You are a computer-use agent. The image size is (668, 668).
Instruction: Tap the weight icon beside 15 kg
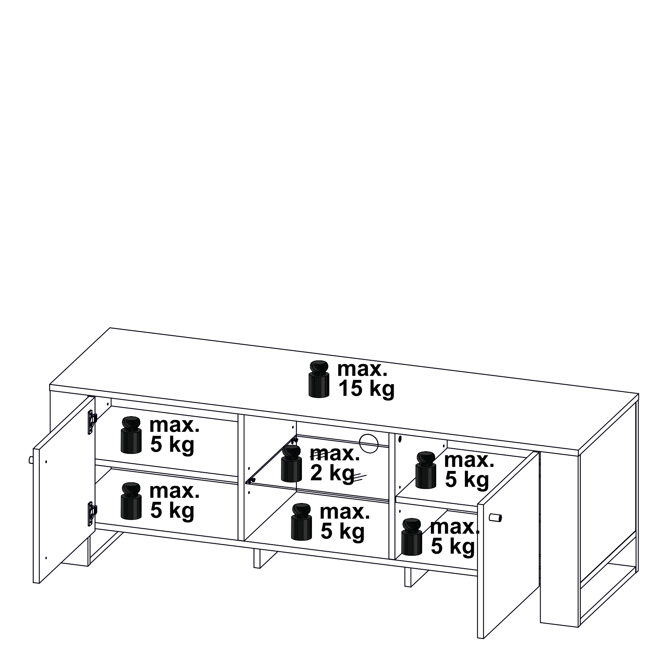[x=319, y=379]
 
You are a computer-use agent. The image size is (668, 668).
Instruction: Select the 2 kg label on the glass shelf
[x=332, y=474]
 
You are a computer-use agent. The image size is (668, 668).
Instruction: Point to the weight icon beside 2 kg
[x=292, y=464]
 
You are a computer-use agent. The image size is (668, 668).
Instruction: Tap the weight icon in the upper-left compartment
[x=131, y=435]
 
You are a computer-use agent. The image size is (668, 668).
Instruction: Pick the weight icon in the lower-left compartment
[x=131, y=501]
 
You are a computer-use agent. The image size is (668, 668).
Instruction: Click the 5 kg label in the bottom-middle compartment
[x=343, y=532]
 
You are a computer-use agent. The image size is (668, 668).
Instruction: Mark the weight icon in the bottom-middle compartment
[x=302, y=522]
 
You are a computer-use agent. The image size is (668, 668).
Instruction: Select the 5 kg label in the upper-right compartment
[x=467, y=480]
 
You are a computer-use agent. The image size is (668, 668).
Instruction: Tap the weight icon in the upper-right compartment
[x=426, y=470]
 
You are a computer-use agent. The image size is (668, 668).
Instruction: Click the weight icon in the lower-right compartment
[x=412, y=537]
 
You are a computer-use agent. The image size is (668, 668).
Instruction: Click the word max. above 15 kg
[x=362, y=369]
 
